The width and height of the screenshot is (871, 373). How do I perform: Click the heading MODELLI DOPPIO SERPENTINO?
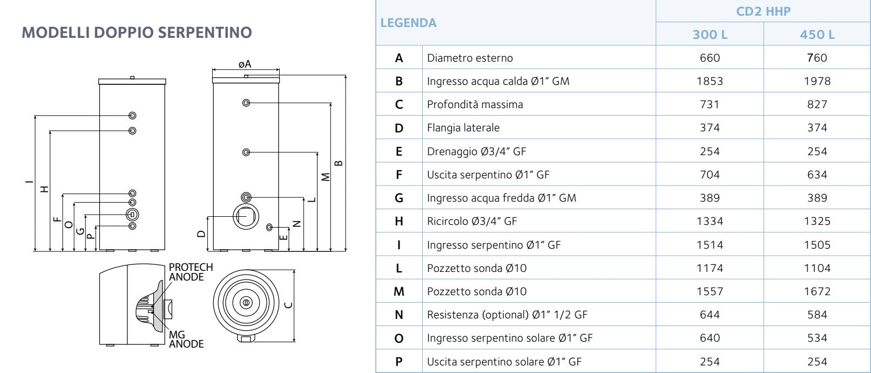point(137,32)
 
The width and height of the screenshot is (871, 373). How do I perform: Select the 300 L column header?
point(710,35)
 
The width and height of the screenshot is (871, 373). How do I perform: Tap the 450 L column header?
point(817,35)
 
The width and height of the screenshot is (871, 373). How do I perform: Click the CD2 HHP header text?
point(763,11)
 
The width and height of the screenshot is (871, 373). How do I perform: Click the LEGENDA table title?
point(408,23)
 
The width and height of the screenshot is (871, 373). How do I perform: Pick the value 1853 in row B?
point(710,81)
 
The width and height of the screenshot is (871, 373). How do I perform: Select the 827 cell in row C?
point(817,104)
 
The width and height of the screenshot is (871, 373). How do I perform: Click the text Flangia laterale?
point(463,128)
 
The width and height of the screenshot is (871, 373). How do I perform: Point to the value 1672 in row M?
point(817,291)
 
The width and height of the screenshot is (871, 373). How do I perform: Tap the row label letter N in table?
point(399,315)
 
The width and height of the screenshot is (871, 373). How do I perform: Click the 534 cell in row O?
point(817,338)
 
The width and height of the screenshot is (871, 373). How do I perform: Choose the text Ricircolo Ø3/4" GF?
point(471,221)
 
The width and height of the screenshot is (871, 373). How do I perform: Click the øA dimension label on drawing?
point(245,64)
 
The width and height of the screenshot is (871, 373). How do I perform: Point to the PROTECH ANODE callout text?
point(190,272)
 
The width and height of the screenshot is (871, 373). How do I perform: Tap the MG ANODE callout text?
point(186,339)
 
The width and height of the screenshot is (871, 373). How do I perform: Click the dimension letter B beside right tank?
point(339,163)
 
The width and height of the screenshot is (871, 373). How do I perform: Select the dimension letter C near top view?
point(288,305)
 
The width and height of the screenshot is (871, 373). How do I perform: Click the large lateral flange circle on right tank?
point(246,216)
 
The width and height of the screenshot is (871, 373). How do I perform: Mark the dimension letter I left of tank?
point(29,182)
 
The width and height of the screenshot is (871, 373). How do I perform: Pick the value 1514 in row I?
point(710,245)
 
